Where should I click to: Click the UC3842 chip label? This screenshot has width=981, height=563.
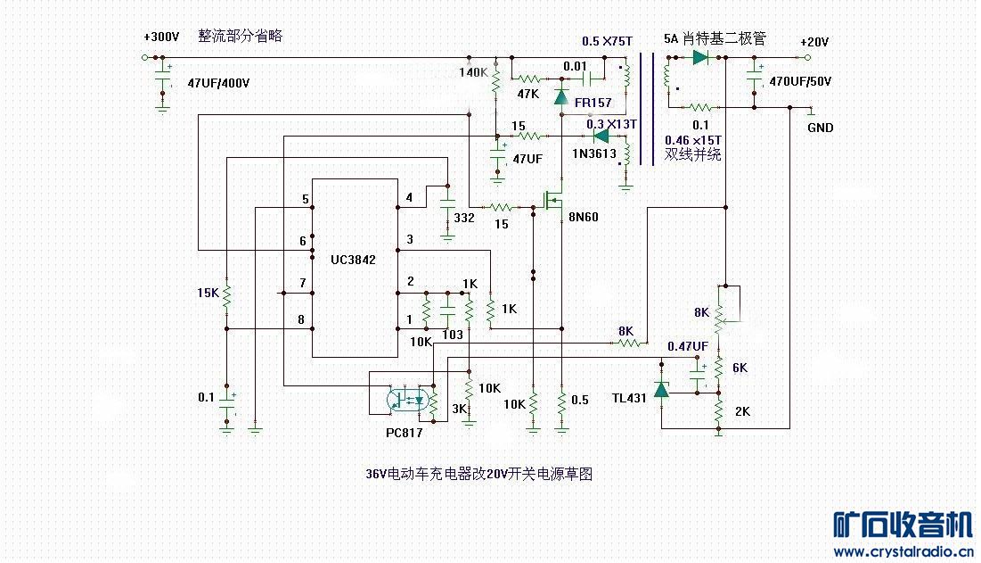pos(353,260)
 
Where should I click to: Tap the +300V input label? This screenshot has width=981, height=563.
pos(160,38)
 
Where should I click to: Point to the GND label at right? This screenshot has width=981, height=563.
pos(820,128)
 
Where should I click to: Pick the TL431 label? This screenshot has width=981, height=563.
pos(629,397)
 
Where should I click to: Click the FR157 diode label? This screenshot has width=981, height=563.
pos(593,103)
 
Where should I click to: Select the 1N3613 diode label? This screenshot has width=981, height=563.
pos(593,153)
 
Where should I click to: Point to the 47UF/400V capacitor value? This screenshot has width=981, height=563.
pos(218,83)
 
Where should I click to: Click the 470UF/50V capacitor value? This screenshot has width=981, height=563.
pos(800,81)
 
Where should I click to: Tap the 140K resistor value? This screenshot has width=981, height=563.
pos(473,72)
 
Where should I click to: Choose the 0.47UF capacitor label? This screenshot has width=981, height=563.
pos(689,346)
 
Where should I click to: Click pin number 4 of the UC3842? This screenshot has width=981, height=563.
pos(409,197)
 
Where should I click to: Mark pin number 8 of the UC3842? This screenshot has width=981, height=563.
pos(302,319)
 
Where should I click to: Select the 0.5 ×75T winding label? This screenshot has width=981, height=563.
pos(607,41)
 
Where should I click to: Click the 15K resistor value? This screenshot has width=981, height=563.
pos(207,293)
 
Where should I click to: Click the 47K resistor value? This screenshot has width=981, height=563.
pos(527,93)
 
